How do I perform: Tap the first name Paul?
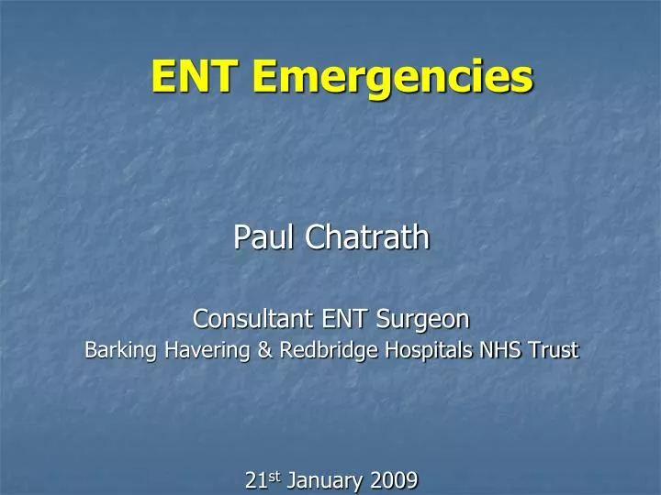point(264,237)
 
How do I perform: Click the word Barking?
point(114,349)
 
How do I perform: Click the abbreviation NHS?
point(470,349)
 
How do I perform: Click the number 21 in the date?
point(255,479)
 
